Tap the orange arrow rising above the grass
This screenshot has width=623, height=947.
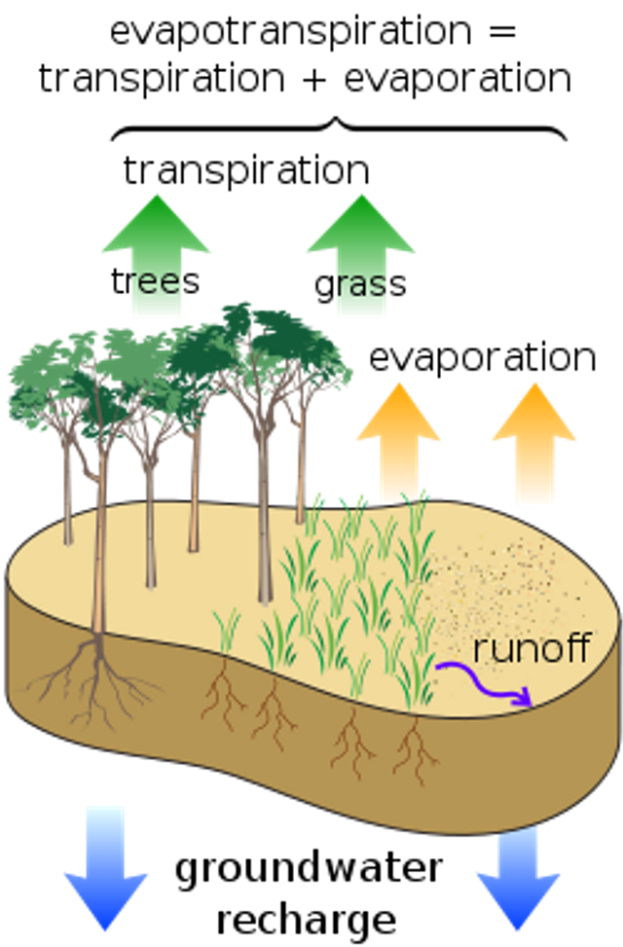(x=399, y=438)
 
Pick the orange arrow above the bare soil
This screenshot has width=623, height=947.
(x=533, y=438)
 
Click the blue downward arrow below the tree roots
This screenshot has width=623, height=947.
(x=105, y=866)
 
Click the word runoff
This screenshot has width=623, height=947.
(x=531, y=649)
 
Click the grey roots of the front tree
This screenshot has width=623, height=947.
(x=92, y=681)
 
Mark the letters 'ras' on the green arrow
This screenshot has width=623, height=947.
(x=362, y=284)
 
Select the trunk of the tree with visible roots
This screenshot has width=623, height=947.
(x=99, y=545)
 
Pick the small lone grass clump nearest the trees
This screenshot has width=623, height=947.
(x=226, y=628)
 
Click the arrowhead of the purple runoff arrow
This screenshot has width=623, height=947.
(x=525, y=699)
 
